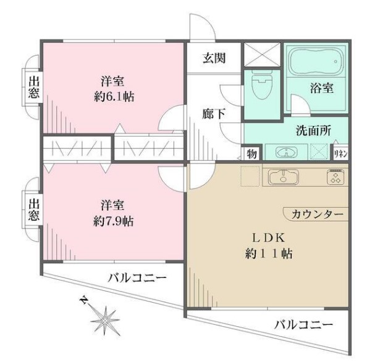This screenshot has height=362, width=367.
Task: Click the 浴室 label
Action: tap(321, 88)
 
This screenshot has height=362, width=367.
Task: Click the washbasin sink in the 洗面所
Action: tap(285, 153)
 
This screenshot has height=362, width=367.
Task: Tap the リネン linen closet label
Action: tap(340, 153)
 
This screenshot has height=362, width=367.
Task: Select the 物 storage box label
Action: tap(252, 153)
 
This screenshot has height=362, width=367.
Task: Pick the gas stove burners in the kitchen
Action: tap(335, 178)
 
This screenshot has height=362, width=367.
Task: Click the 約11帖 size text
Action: tap(267, 253)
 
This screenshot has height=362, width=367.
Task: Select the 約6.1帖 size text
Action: tap(115, 96)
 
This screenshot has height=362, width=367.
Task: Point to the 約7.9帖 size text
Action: tap(115, 221)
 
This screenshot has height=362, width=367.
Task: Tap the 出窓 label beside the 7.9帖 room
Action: tap(34, 209)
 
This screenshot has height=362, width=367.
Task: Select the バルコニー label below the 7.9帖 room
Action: tap(137, 278)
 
